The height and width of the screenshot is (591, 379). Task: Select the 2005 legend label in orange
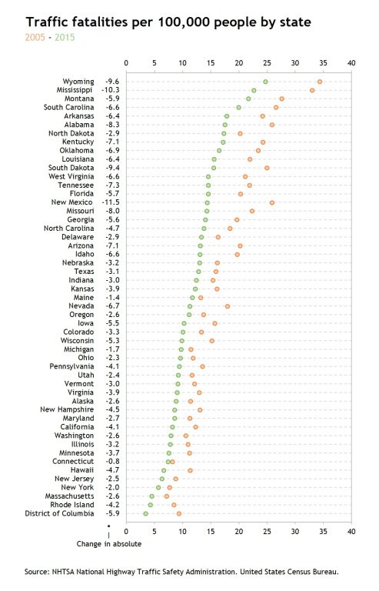(x=35, y=37)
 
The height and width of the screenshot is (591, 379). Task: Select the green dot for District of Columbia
(x=146, y=513)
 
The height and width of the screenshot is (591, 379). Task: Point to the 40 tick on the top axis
(x=351, y=62)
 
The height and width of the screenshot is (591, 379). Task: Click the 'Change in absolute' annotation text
(x=109, y=544)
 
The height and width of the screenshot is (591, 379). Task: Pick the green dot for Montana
(x=248, y=98)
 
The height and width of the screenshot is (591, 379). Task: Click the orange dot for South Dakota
(x=267, y=168)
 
